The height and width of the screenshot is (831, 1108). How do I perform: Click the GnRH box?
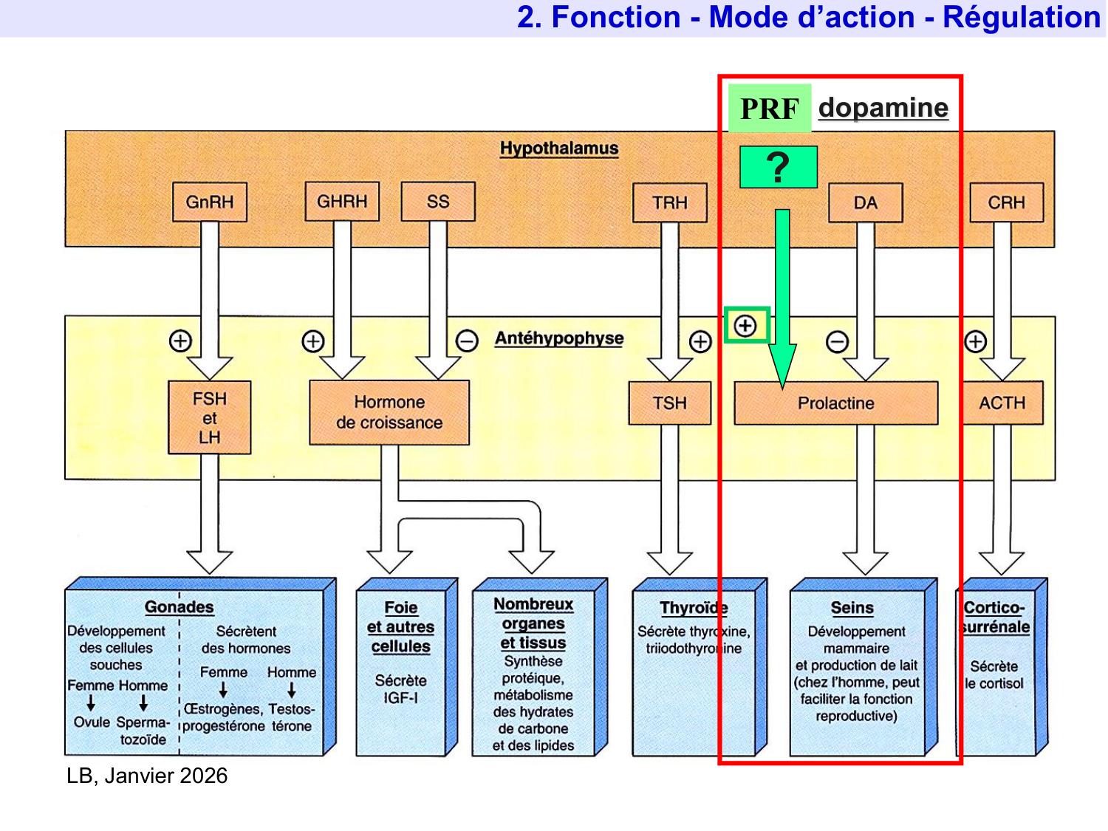click(x=210, y=202)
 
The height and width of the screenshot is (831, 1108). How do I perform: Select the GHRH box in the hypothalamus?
click(x=342, y=202)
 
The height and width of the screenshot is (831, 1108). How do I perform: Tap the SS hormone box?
click(x=438, y=202)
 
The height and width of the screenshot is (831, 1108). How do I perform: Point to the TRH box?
click(x=670, y=202)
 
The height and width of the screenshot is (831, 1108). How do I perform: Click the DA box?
click(x=866, y=203)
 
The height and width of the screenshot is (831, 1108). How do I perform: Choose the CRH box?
click(x=1006, y=202)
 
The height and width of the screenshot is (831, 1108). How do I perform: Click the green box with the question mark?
click(x=779, y=168)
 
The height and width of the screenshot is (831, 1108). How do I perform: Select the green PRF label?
click(x=770, y=109)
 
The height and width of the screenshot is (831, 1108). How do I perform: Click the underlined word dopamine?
click(x=883, y=108)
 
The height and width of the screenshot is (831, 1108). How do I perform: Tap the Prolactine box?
click(x=836, y=403)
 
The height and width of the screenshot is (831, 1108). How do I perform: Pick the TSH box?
click(x=670, y=403)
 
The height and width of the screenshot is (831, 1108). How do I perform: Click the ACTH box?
click(x=1002, y=403)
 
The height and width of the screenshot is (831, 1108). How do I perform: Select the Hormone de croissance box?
click(x=389, y=413)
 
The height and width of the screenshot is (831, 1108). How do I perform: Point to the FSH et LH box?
click(x=210, y=418)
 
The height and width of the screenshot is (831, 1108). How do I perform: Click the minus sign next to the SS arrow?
click(x=467, y=341)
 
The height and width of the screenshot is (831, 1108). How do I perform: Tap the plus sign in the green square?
click(x=746, y=326)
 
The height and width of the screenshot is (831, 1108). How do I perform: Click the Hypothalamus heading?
click(x=559, y=148)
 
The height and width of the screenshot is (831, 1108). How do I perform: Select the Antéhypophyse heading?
click(x=559, y=338)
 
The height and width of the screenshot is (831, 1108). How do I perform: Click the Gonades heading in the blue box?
click(x=179, y=607)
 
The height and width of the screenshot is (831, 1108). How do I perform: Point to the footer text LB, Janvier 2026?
click(x=147, y=776)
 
